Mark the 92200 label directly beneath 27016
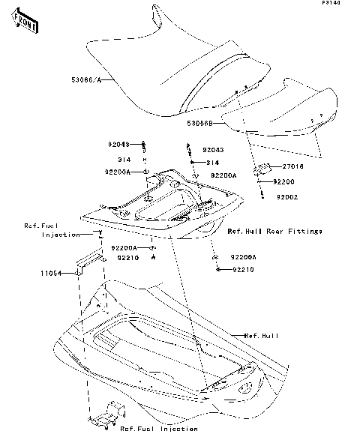284,181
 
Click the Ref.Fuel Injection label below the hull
159,429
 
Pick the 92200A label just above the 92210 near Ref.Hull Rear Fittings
243,256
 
